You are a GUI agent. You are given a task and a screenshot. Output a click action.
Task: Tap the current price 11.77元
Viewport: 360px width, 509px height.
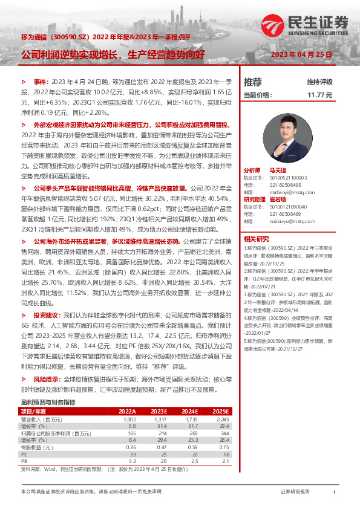[320, 95]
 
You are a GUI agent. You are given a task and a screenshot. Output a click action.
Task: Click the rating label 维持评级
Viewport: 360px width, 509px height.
[320, 82]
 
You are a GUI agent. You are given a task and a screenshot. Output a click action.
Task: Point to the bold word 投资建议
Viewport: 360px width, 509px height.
[47, 315]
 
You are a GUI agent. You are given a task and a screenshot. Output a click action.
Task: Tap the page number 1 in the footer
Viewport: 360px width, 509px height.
[334, 493]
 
